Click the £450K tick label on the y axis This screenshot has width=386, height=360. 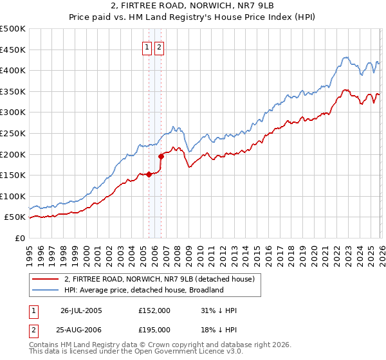point(13,50)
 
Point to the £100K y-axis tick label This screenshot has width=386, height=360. point(13,196)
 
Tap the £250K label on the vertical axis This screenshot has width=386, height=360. point(13,133)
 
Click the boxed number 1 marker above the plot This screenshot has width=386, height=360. point(147,46)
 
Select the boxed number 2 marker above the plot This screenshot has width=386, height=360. point(159,46)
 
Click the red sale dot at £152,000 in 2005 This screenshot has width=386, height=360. point(149,174)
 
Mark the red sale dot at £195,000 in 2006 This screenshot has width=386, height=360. point(161,156)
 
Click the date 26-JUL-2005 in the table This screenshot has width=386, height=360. point(81,310)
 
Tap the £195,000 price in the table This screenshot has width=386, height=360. point(154,329)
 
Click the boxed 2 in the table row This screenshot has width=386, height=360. point(33,329)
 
